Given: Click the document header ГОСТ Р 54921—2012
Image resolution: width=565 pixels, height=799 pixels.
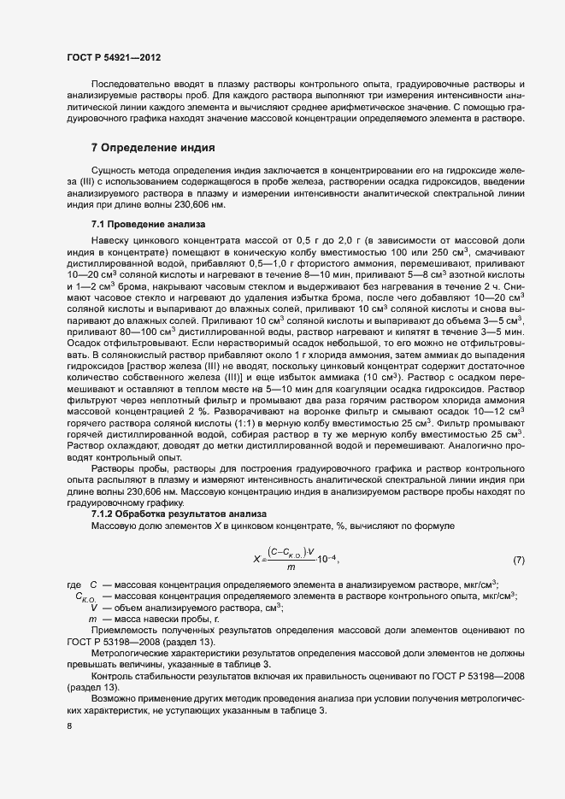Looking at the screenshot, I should click(114, 57).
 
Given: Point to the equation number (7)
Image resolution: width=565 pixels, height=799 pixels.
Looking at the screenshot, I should click(519, 560).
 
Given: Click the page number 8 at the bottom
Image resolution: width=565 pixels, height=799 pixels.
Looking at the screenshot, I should click(69, 726).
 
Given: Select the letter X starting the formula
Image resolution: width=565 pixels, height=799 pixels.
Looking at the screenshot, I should click(256, 560).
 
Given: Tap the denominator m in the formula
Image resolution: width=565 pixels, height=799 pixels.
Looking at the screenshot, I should click(291, 567).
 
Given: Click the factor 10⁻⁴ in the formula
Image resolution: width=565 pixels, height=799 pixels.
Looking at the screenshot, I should click(327, 560).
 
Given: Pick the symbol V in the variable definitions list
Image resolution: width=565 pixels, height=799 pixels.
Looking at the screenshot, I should click(92, 607).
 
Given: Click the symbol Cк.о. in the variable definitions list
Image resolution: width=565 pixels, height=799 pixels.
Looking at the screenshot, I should click(87, 596).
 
